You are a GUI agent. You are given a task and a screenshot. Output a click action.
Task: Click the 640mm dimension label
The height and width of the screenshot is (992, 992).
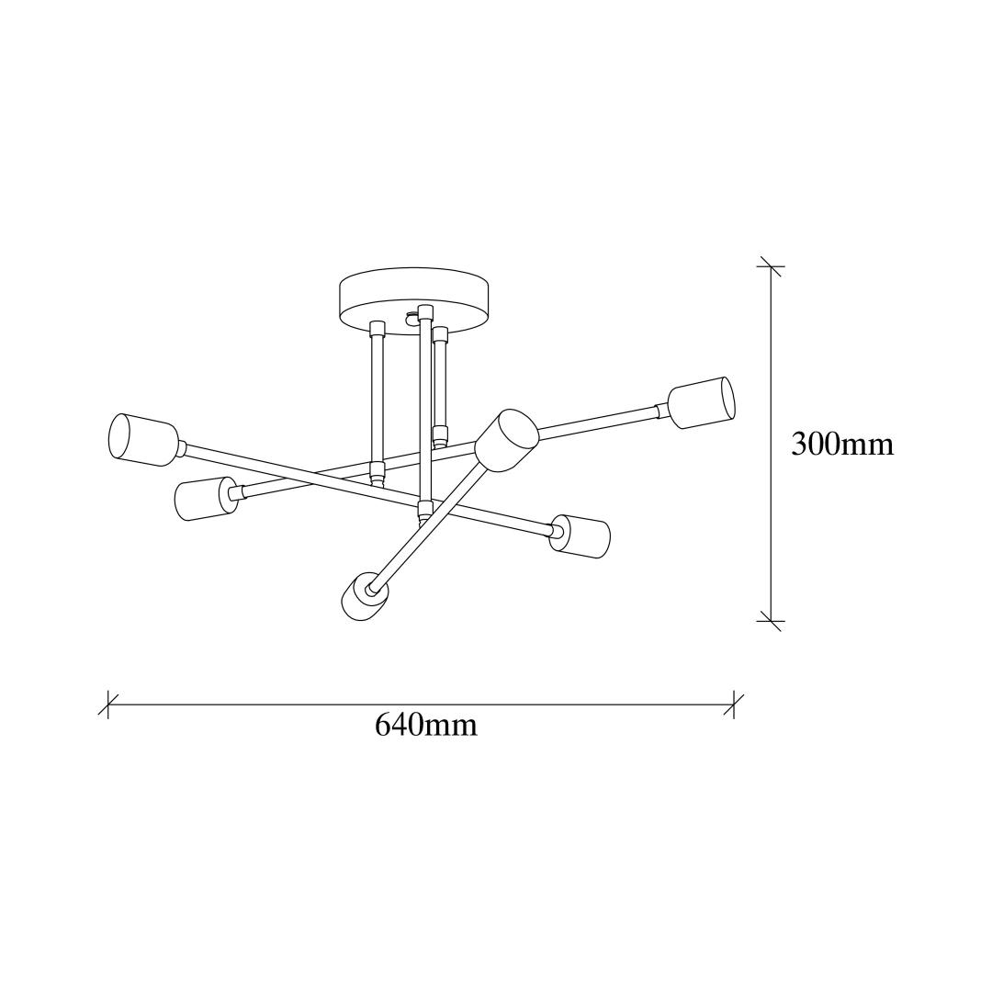[426, 725]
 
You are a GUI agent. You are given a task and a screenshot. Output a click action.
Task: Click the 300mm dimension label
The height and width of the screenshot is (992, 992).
[842, 445]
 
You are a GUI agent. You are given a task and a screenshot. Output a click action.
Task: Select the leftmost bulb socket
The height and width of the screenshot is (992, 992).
[143, 440]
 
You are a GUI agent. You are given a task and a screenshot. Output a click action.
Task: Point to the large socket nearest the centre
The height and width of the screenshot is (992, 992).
[507, 441]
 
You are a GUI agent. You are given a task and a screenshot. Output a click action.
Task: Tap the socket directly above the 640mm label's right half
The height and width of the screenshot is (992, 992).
[580, 536]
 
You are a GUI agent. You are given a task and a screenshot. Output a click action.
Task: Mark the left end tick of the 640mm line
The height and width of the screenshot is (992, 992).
[108, 705]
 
